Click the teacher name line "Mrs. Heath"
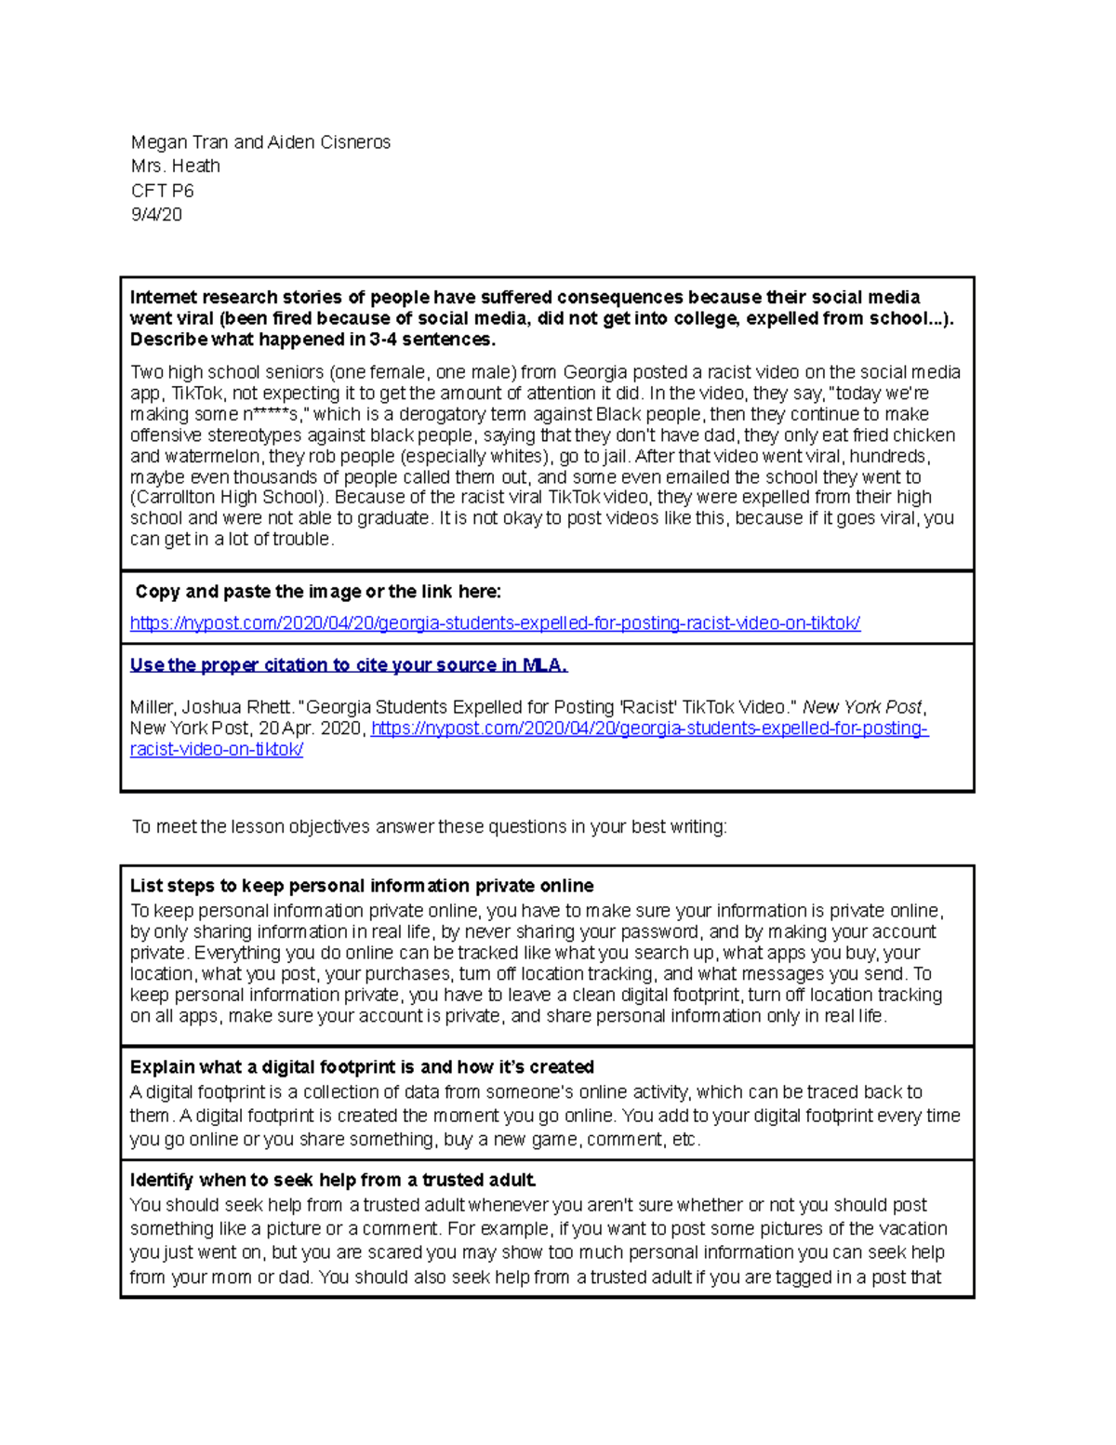pos(175,167)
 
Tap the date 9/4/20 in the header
pos(156,215)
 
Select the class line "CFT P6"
pos(162,191)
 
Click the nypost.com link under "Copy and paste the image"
pos(495,623)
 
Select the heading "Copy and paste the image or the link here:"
pos(318,592)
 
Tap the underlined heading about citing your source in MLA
pos(349,665)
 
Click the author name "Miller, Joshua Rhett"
pos(211,707)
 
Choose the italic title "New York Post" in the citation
pos(862,707)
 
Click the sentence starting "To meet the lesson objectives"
pos(429,827)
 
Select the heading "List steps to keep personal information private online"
pos(362,886)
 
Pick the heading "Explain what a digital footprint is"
pos(362,1067)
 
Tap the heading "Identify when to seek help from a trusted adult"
pos(333,1181)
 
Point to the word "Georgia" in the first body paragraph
pos(595,373)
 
